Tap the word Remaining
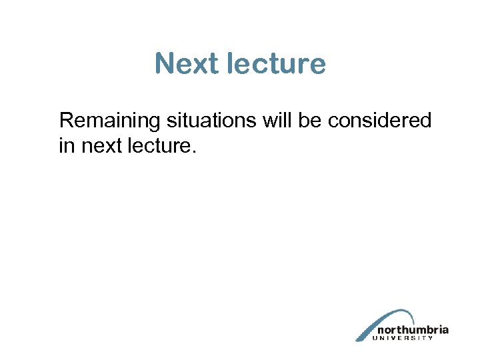tap(110, 121)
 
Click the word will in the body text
tap(278, 121)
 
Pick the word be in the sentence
tap(312, 121)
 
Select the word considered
tap(382, 121)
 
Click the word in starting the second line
tap(67, 146)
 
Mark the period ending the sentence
tap(194, 152)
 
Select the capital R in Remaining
tap(65, 121)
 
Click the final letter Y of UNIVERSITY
tap(431, 338)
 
